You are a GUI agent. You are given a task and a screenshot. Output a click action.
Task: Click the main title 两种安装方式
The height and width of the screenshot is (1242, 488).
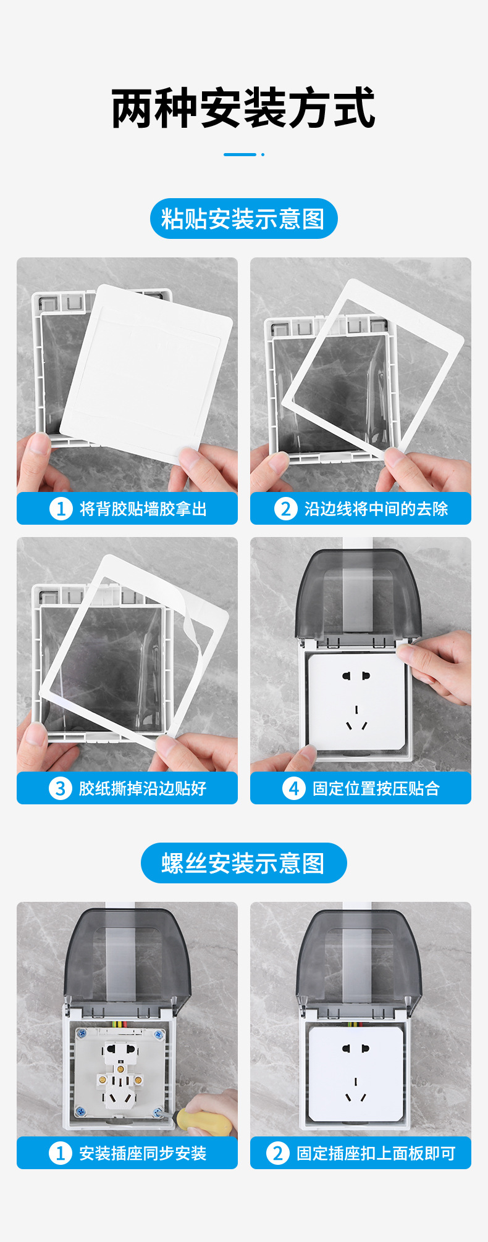243,108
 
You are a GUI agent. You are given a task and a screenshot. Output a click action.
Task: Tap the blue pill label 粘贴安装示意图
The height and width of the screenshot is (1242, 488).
243,219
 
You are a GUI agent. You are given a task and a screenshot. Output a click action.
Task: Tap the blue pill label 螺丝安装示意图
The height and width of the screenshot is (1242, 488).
243,862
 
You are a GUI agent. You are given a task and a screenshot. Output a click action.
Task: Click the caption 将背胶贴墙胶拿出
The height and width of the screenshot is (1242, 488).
143,509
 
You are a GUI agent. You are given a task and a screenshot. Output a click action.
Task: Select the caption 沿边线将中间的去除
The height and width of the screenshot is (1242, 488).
376,509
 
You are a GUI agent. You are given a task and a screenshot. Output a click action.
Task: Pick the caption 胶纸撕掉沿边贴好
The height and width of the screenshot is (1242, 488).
143,788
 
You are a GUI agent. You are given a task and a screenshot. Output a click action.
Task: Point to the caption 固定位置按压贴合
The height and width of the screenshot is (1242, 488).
376,788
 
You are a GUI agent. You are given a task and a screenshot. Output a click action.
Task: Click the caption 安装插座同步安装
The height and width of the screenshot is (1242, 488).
143,1153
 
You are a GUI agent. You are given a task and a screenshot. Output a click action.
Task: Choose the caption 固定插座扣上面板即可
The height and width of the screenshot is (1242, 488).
376,1153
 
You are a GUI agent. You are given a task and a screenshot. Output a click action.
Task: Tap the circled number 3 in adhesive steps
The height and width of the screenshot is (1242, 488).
60,788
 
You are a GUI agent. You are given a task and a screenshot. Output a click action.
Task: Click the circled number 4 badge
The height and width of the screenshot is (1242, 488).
293,788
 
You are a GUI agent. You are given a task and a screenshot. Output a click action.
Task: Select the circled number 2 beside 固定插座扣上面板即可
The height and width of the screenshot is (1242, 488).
277,1153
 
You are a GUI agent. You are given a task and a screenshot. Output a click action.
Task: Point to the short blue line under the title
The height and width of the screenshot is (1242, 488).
240,154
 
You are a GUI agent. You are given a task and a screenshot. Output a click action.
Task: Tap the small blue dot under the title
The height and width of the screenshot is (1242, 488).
263,154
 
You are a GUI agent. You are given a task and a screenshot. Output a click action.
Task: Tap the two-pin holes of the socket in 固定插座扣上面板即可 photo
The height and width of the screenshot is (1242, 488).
356,1049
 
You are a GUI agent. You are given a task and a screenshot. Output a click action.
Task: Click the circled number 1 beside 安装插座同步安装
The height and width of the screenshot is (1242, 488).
60,1153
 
